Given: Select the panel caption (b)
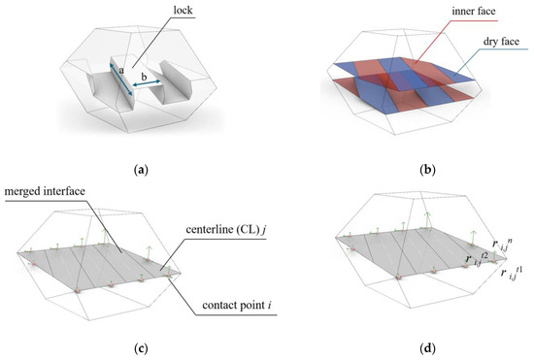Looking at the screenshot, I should [x=400, y=169].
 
